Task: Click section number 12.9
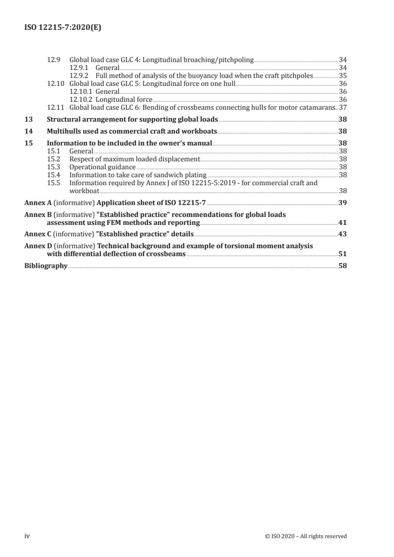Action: (53, 60)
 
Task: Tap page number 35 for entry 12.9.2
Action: (343, 76)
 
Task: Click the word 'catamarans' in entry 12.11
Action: (319, 107)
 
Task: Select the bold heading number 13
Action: (29, 120)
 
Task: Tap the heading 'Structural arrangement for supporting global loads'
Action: (132, 120)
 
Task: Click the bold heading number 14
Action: (29, 132)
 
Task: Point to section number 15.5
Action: (53, 183)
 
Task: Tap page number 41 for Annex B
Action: (343, 222)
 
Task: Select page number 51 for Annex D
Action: (343, 254)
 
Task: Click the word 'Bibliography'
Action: (46, 266)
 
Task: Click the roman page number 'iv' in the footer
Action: (28, 536)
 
